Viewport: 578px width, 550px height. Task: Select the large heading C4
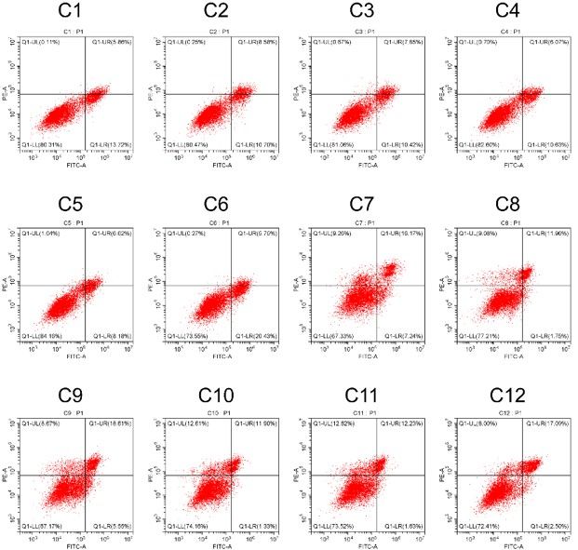pyautogui.click(x=507, y=12)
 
